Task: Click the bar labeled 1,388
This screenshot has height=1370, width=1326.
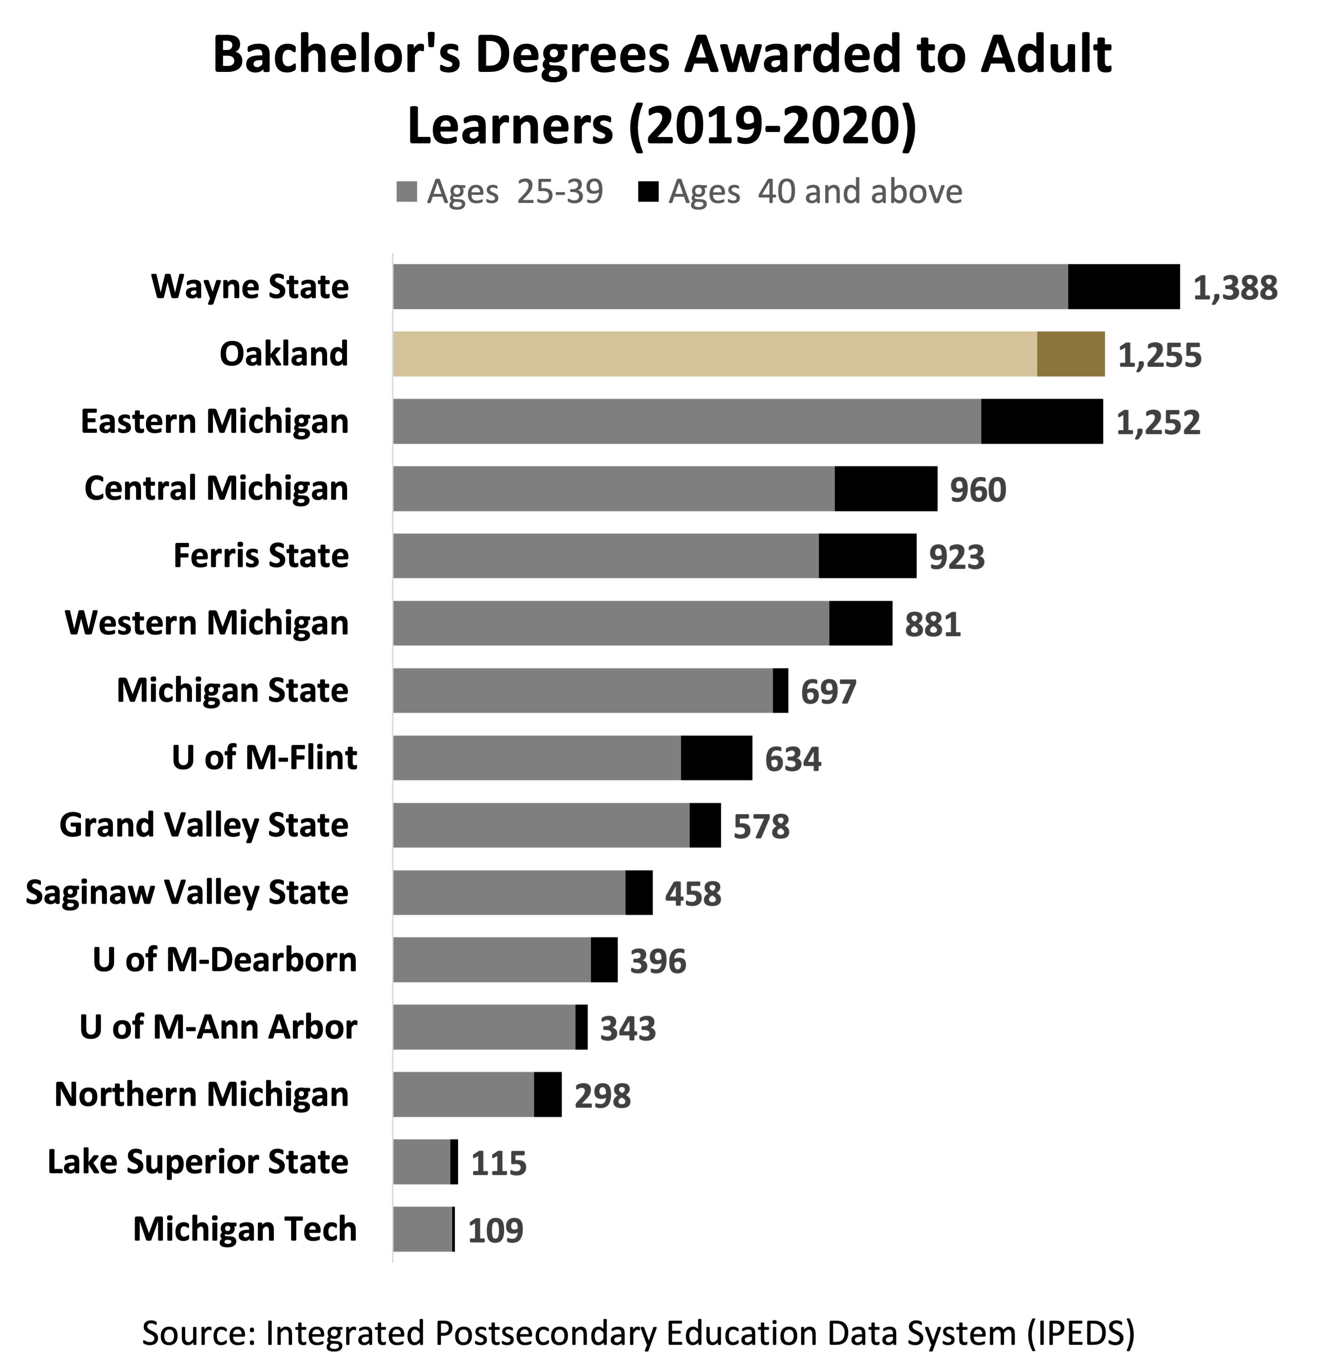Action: pos(730,287)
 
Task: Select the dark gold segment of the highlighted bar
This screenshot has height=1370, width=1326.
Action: pos(1070,354)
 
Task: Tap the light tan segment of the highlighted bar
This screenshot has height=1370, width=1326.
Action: pos(714,354)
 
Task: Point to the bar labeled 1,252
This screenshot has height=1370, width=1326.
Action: pos(687,421)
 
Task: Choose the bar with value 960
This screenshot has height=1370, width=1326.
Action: pos(613,489)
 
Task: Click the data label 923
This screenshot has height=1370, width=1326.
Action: pos(957,557)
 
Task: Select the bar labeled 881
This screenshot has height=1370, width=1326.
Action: pos(610,623)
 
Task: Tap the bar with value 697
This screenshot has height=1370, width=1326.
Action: pos(583,691)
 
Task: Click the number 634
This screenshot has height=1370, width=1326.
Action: pos(793,759)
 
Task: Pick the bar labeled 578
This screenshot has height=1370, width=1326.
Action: pos(541,825)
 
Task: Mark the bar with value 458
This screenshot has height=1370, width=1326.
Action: pos(509,893)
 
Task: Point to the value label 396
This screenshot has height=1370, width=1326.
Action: pos(658,961)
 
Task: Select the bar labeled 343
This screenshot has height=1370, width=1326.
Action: pos(484,1027)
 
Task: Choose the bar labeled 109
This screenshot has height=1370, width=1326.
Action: pos(422,1229)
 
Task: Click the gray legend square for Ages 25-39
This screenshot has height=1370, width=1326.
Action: pos(407,192)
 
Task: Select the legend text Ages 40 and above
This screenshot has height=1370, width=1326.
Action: pos(815,192)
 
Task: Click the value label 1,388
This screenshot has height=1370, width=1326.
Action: pos(1235,288)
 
